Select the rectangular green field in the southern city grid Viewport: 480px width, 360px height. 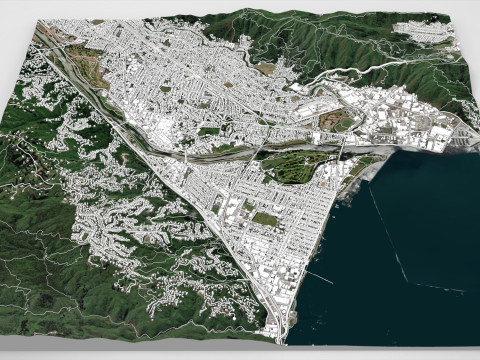tap(264, 218)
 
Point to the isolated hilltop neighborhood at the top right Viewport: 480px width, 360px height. tap(438, 34)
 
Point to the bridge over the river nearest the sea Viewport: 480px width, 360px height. tap(344, 151)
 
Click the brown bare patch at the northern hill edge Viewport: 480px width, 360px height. tap(266, 67)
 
